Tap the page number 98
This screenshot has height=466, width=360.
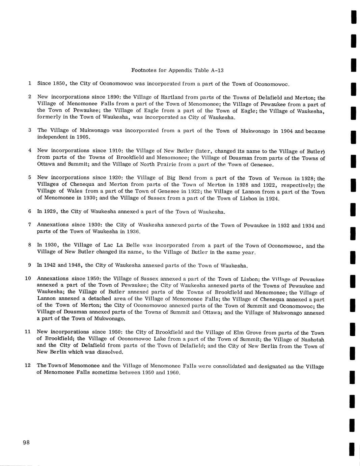pos(27,443)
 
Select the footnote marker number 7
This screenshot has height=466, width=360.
pos(30,225)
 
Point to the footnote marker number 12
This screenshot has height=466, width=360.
pos(28,365)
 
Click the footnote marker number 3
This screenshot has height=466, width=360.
pos(30,130)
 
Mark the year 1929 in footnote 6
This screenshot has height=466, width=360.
pos(50,211)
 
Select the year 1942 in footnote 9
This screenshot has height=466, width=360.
pos(50,265)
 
